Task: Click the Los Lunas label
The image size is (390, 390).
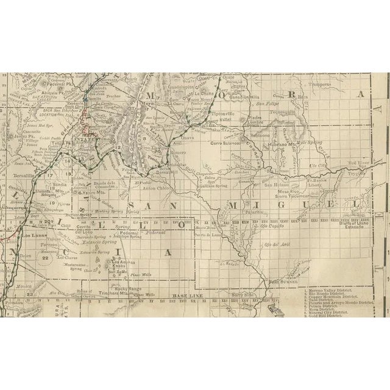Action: click(32, 235)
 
